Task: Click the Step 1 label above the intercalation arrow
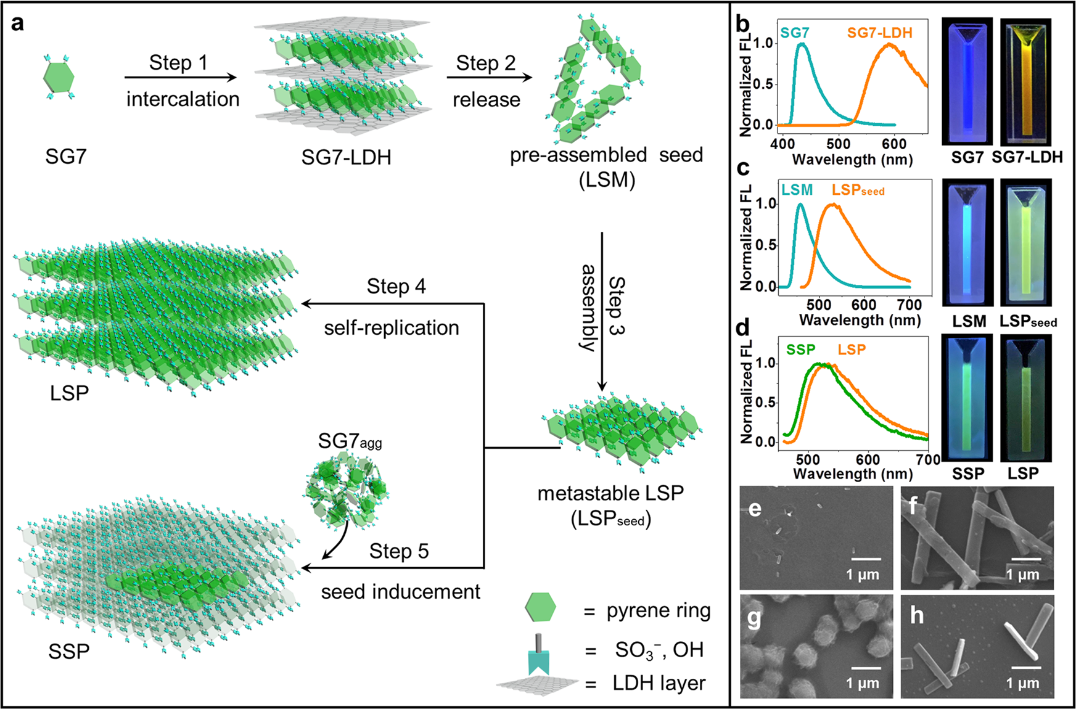[x=178, y=63]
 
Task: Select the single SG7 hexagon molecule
[x=59, y=77]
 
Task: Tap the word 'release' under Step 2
[x=486, y=99]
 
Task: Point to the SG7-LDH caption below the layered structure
[x=346, y=157]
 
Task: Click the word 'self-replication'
[x=392, y=327]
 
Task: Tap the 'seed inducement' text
[x=400, y=592]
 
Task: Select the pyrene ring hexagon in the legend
[x=540, y=608]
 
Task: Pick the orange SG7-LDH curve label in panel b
[x=879, y=33]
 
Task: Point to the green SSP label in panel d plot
[x=800, y=350]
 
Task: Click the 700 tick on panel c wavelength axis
[x=909, y=305]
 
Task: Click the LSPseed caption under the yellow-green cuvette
[x=1027, y=321]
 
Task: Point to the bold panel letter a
[x=18, y=23]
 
